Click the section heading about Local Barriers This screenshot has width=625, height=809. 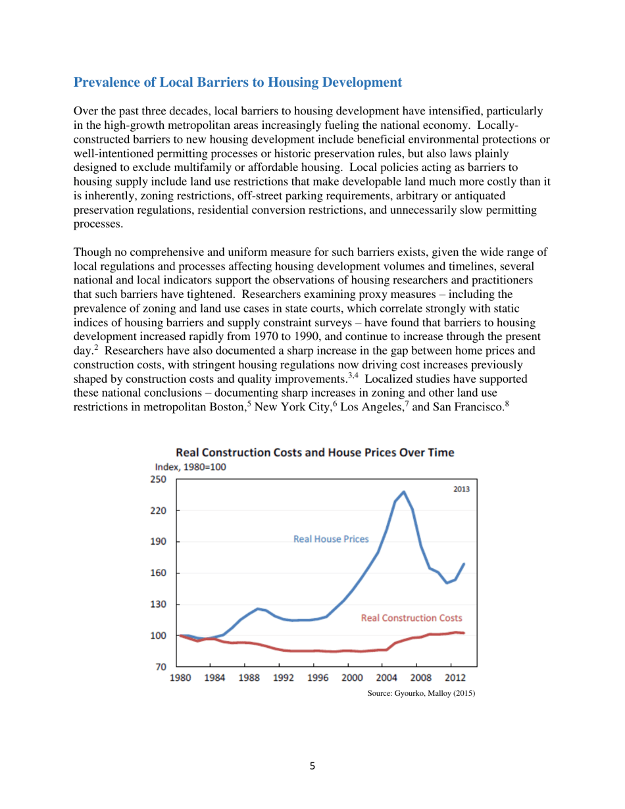(238, 83)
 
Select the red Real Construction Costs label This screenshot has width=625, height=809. (412, 618)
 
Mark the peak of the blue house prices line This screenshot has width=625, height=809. (403, 491)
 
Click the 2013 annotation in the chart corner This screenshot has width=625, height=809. (461, 490)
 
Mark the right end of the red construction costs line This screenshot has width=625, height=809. (463, 633)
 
